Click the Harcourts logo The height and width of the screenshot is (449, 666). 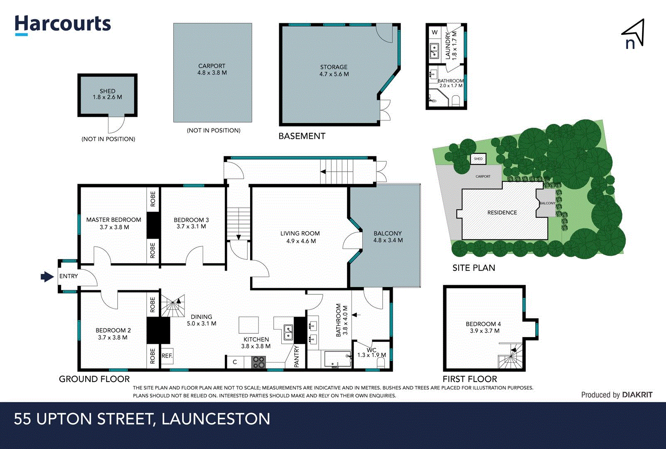point(63,25)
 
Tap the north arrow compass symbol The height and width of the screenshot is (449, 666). point(633,34)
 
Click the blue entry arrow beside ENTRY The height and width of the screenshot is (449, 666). point(47,276)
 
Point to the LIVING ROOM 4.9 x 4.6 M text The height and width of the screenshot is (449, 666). point(300,237)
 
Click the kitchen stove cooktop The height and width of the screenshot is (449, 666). point(258,363)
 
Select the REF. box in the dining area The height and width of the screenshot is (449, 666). point(167,356)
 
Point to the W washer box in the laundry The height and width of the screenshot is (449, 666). point(435,32)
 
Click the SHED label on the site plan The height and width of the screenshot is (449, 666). point(478,159)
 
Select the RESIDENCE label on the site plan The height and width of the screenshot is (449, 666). point(502,212)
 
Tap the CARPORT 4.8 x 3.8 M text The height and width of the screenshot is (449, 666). point(212,69)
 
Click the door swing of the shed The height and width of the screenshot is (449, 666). point(116,124)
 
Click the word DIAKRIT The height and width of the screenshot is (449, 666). point(637,395)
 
